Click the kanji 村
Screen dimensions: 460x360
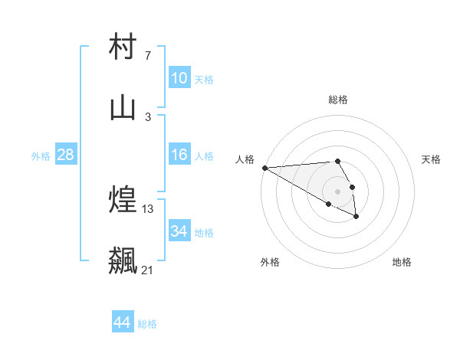(123, 47)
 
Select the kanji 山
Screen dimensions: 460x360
(123, 108)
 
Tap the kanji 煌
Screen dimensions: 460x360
(123, 200)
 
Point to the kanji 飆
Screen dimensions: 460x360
(123, 260)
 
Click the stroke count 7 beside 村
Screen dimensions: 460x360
(147, 56)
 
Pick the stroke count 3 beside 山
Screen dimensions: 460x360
(147, 116)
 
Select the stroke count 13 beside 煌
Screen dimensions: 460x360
(148, 208)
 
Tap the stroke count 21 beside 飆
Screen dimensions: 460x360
(148, 270)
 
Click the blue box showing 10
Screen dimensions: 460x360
(179, 78)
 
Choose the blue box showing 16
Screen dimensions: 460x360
(179, 155)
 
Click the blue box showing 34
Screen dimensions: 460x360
(179, 231)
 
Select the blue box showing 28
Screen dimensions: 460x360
(66, 155)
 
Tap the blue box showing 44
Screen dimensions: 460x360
(123, 322)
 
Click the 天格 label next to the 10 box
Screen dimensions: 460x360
(204, 80)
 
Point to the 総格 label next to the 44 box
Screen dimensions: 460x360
(147, 324)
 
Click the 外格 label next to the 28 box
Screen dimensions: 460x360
(41, 156)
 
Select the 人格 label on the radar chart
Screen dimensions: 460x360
(245, 159)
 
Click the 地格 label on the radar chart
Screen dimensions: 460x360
(402, 263)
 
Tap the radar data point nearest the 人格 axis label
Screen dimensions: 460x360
(264, 168)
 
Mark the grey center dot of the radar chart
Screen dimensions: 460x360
(337, 191)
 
